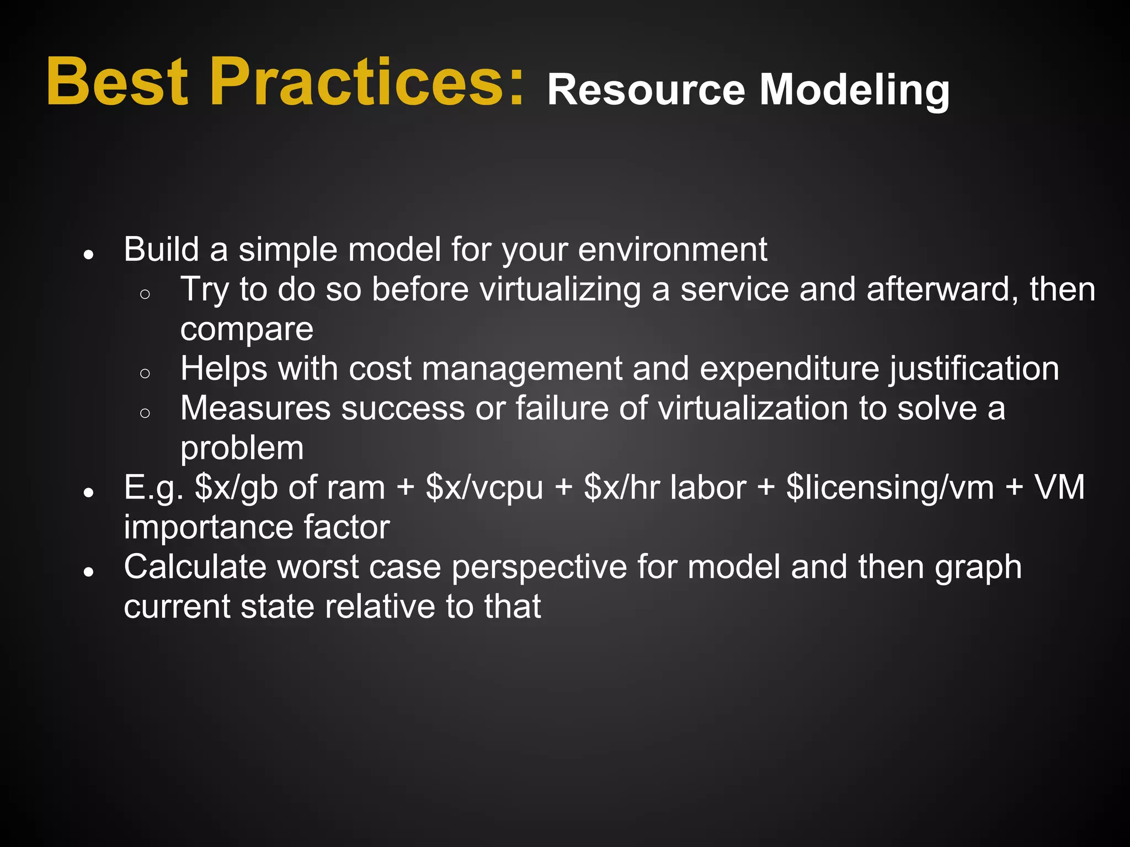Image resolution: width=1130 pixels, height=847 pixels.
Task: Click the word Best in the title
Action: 118,83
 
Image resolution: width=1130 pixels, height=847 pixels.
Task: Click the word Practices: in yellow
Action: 367,83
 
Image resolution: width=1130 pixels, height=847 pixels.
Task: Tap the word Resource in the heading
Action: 646,90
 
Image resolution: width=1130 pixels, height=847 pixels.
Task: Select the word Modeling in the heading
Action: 855,90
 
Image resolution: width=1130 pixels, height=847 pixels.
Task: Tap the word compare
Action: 247,330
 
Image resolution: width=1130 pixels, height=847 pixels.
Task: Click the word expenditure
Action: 789,368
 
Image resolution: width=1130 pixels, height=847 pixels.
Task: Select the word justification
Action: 974,368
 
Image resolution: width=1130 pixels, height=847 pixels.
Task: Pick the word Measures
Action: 255,409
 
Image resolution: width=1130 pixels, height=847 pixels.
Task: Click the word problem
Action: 242,448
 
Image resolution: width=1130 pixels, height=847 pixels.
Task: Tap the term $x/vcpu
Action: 484,488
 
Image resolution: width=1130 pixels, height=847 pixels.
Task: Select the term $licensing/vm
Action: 889,488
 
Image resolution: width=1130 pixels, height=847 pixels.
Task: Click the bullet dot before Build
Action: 88,255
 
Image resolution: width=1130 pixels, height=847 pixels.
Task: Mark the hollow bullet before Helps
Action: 145,374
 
